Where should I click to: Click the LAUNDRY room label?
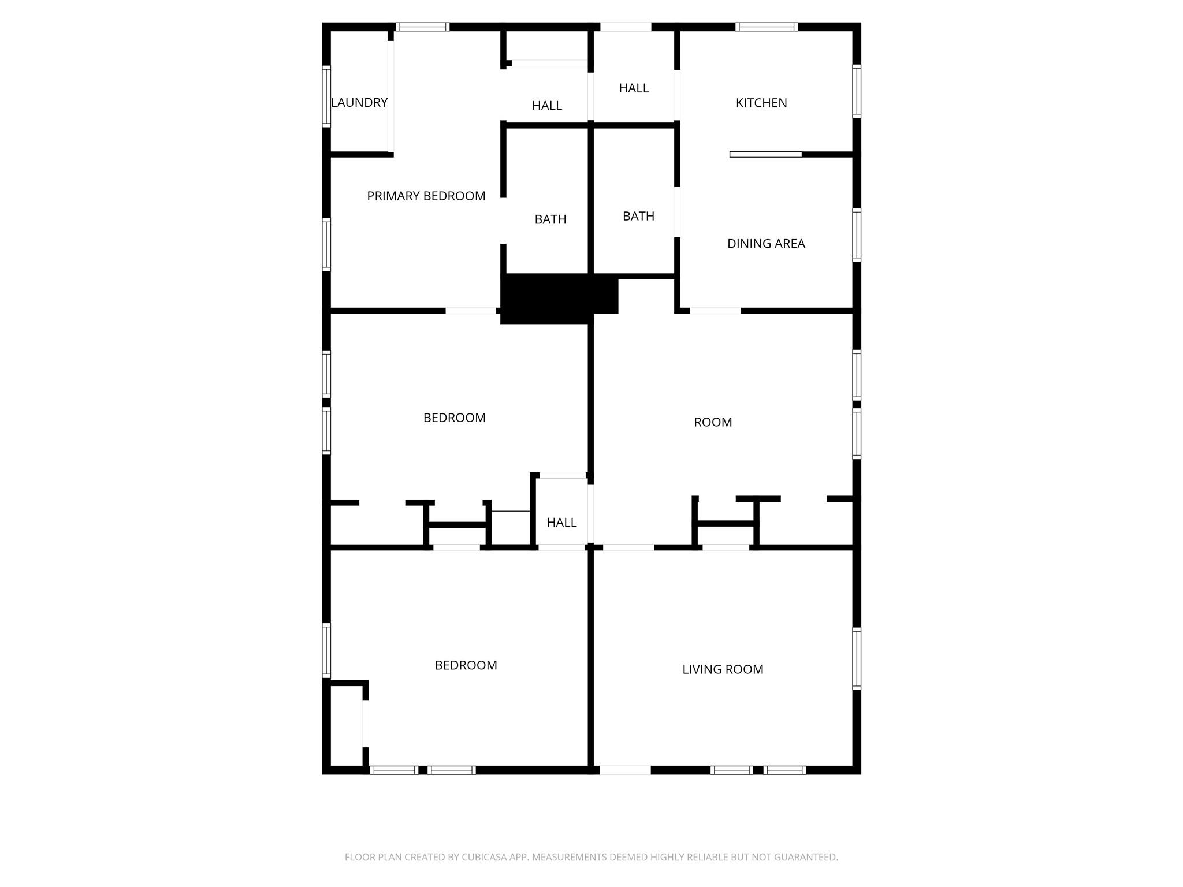point(359,103)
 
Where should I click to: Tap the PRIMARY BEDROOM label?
point(426,196)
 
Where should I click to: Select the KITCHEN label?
point(761,103)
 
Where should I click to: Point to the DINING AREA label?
point(766,244)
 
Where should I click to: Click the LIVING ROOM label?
point(723,669)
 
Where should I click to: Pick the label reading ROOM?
point(713,422)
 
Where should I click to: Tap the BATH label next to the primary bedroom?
point(550,219)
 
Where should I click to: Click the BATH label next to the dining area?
point(638,216)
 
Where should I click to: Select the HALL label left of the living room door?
point(561,523)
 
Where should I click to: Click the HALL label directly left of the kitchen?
point(634,88)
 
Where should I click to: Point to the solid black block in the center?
point(559,297)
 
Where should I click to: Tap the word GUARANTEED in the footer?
point(806,857)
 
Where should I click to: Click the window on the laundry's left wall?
point(326,96)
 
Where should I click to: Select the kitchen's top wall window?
point(767,27)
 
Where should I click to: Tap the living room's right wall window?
point(857,658)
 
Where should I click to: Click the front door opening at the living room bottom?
point(625,770)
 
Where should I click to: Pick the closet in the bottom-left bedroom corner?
point(346,726)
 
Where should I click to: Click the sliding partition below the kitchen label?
point(766,154)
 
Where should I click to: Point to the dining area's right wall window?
point(857,235)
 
